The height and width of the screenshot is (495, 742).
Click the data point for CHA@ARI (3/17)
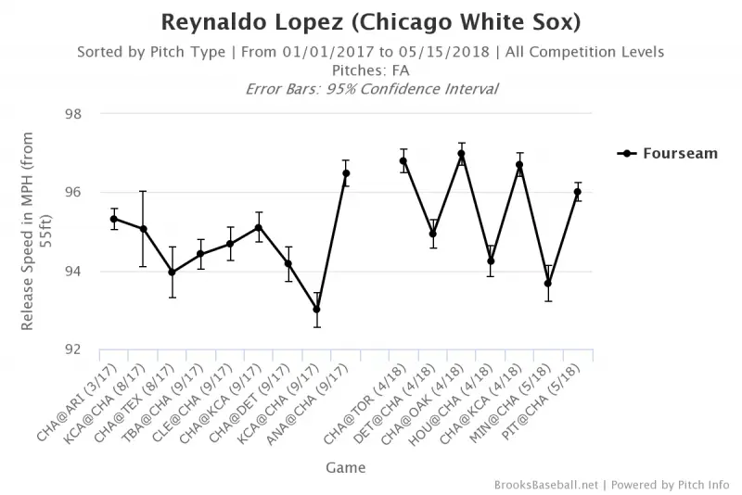click(114, 219)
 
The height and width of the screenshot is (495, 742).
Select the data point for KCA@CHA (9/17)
click(317, 309)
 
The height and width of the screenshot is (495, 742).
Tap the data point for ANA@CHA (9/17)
click(346, 173)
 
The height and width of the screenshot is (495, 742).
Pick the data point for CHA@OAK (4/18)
click(461, 154)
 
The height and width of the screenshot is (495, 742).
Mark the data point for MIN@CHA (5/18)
click(548, 284)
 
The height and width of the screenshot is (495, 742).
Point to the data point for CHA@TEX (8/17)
click(172, 273)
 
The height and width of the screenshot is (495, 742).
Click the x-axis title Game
click(344, 468)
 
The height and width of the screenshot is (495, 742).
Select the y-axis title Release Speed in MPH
click(34, 232)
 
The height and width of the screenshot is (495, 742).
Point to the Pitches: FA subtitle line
click(371, 70)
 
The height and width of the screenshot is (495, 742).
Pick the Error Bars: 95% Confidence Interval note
click(371, 89)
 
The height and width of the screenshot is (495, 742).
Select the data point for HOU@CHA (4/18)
click(491, 261)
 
